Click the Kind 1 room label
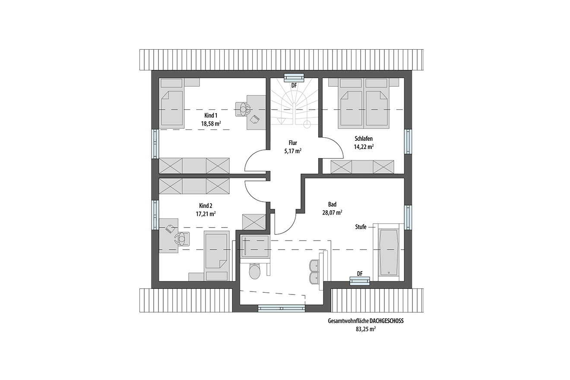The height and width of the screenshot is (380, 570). coord(211,116)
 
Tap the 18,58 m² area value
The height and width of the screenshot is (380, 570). coord(211,124)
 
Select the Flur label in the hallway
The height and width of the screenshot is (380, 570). coord(293,143)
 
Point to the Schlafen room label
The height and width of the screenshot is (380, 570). coord(364,139)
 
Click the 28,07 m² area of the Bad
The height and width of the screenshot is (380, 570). coord(332,213)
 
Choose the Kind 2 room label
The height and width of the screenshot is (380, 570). coord(206,206)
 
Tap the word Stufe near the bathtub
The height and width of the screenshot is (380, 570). coord(361,227)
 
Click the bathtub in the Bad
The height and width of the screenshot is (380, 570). coord(389,252)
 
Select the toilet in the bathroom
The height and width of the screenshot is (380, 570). coord(254,271)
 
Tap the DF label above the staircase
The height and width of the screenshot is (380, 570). coord(294,85)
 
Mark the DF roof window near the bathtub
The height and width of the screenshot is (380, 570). coord(360,281)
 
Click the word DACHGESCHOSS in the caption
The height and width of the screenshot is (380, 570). coord(387,321)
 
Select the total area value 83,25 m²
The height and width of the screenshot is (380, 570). coord(366,329)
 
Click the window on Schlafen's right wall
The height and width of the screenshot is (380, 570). coord(408,142)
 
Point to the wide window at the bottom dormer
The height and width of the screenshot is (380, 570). coord(282,308)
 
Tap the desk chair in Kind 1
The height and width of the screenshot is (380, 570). coord(243,110)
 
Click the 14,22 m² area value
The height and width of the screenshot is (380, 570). coord(364,147)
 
